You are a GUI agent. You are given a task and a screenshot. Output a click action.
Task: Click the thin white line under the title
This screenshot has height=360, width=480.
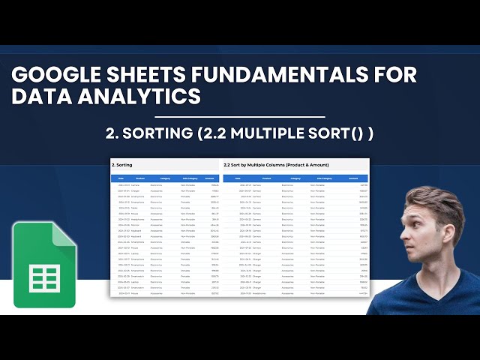(239, 117)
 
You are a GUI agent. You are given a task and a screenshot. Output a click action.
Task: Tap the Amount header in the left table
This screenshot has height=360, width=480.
(211, 178)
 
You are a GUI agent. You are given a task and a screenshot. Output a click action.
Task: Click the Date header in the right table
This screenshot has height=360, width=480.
(237, 178)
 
